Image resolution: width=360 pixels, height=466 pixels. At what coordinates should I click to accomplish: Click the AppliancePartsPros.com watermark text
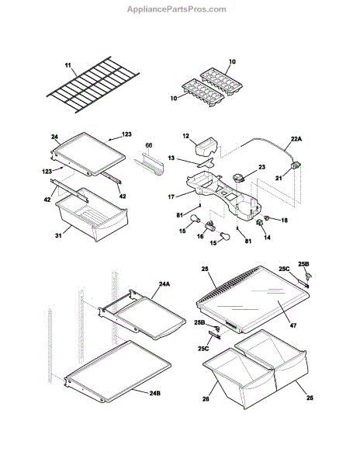tap(177, 9)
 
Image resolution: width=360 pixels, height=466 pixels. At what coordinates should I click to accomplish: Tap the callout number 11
tap(68, 65)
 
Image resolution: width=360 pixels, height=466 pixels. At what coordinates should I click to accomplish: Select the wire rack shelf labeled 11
tap(93, 85)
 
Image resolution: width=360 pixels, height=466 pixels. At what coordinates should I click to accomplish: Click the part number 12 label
tap(185, 136)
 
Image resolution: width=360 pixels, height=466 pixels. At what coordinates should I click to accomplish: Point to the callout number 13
tap(171, 158)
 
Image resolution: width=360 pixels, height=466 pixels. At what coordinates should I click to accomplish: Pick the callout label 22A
tap(296, 138)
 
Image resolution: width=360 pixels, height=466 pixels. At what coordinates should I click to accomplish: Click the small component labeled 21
tap(296, 165)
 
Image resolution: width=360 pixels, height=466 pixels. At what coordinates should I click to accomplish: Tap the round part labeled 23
tap(239, 178)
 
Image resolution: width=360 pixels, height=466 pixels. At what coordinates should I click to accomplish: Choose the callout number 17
tap(171, 196)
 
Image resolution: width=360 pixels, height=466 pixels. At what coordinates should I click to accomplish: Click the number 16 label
tap(200, 236)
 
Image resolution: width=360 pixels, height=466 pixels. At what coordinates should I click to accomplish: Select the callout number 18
tap(284, 221)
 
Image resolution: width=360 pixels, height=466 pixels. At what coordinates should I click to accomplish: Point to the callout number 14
tap(267, 238)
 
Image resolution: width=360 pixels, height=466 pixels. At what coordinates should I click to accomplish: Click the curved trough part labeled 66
tap(149, 165)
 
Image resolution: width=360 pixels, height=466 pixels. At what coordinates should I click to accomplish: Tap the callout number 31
tap(58, 235)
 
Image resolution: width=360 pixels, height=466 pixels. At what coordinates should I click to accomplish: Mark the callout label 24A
tap(164, 284)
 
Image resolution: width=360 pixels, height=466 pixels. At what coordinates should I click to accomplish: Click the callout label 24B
tap(155, 393)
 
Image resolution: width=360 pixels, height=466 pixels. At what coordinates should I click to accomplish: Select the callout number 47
tap(293, 325)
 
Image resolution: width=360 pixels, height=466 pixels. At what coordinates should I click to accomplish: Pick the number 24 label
tap(54, 137)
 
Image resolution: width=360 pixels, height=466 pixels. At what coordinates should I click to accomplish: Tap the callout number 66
tap(149, 145)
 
